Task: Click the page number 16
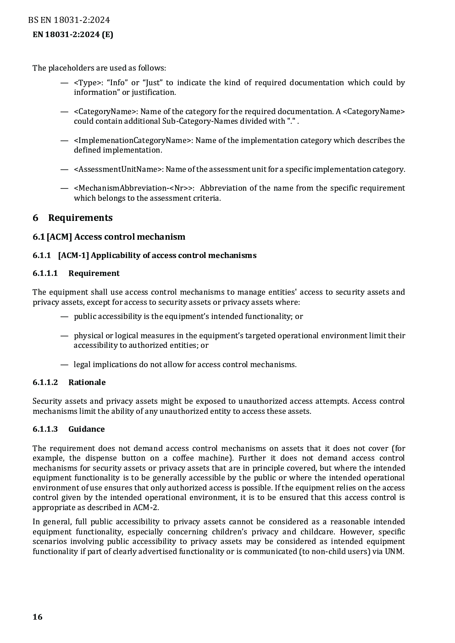(x=38, y=617)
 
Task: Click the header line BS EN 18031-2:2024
(x=69, y=20)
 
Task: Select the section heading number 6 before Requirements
(x=35, y=218)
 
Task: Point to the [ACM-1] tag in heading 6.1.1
(x=73, y=255)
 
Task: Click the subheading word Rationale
(x=87, y=382)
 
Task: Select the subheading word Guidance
(x=86, y=429)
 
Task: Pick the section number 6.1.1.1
(x=45, y=273)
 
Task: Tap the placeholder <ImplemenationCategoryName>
(x=133, y=140)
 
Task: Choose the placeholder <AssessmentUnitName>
(x=118, y=169)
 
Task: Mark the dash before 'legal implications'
(x=64, y=364)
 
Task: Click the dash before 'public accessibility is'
(x=64, y=316)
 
